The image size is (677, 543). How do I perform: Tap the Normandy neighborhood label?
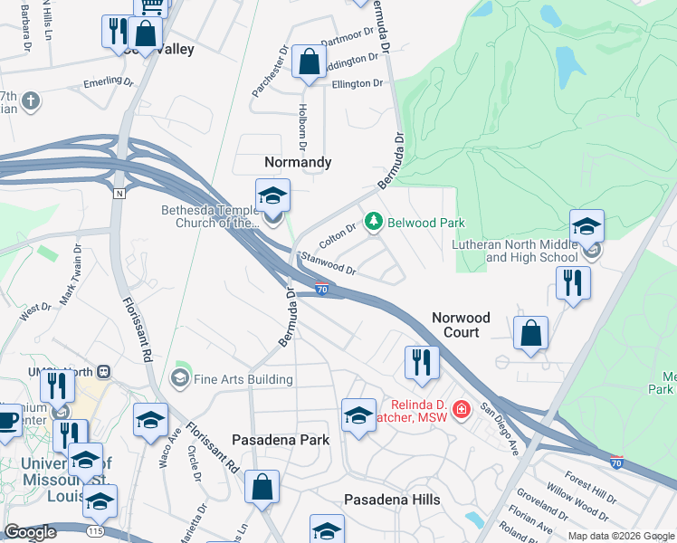pos(298,162)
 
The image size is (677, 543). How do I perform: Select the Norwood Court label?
pos(461,325)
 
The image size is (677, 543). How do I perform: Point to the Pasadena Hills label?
pos(392,500)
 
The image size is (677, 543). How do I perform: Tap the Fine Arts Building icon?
pos(179,377)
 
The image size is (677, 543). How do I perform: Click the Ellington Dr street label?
pos(358,84)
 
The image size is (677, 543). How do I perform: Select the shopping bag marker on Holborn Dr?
pos(310,62)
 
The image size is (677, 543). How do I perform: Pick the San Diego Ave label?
pos(498,427)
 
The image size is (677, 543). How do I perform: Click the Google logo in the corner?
pos(30,532)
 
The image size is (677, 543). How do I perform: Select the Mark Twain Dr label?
pos(76,284)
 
